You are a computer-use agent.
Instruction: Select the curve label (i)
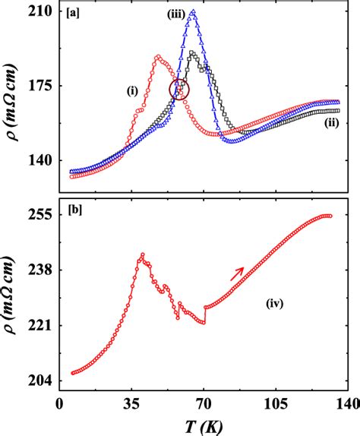[132, 91]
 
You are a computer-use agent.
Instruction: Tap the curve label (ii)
[331, 122]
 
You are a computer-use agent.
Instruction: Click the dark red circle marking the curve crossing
[180, 90]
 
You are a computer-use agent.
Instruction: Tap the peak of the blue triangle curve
[193, 12]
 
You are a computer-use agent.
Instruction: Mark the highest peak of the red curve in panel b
[141, 255]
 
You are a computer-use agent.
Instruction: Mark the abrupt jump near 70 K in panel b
[205, 314]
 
